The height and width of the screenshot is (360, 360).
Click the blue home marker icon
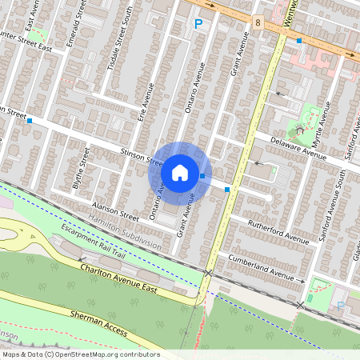click(180, 173)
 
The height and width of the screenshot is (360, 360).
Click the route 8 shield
click(258, 22)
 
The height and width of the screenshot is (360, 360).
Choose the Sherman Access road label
click(99, 321)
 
